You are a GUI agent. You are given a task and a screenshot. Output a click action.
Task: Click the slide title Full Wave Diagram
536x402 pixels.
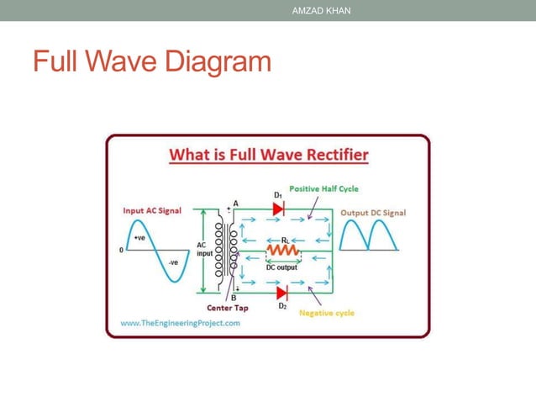[x=152, y=62]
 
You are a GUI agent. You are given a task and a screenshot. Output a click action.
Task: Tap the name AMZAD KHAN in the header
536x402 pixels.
[x=321, y=11]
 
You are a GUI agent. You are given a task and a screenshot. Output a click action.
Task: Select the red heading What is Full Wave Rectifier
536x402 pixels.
[x=269, y=156]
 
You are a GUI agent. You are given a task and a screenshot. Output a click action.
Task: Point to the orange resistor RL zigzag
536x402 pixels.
[x=284, y=251]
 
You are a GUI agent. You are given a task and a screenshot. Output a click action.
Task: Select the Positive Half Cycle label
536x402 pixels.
[x=323, y=188]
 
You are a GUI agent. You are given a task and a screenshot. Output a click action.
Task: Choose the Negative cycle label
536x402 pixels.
[x=327, y=313]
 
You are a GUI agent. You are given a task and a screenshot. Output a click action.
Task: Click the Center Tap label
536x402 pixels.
[x=223, y=307]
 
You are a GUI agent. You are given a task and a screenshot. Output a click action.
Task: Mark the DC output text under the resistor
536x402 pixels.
[x=284, y=267]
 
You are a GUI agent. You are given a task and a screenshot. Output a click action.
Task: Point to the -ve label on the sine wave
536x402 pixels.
[x=173, y=262]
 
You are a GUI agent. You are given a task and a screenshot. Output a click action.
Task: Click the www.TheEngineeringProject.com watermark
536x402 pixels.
[x=180, y=322]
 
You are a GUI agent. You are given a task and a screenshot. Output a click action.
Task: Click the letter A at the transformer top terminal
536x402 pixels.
[x=235, y=204]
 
